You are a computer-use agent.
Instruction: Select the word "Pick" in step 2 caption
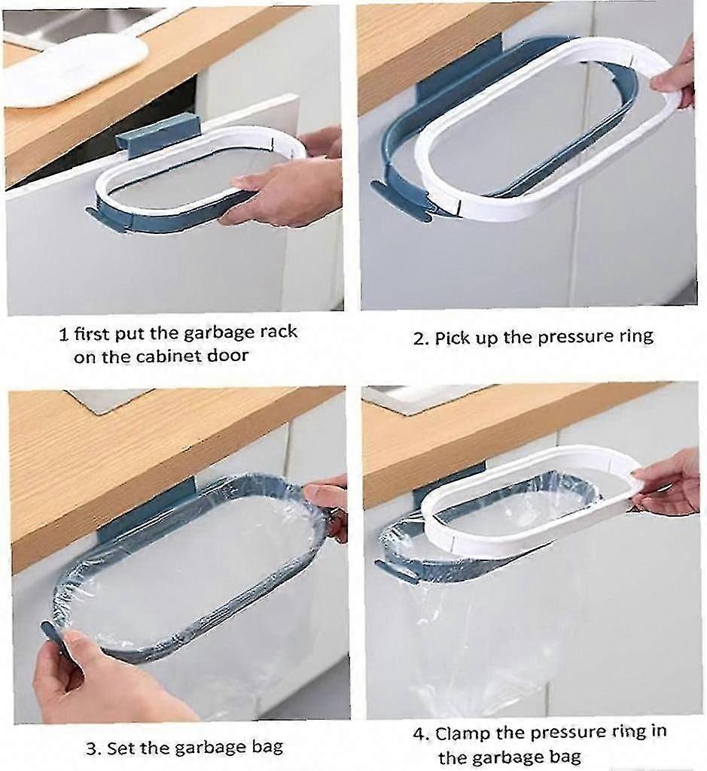point(453,338)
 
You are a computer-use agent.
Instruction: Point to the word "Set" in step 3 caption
point(120,748)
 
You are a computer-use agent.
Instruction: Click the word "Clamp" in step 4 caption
point(464,733)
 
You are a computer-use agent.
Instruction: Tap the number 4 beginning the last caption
point(419,734)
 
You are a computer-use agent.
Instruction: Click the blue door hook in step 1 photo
point(158,132)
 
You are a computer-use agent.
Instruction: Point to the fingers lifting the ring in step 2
point(674,82)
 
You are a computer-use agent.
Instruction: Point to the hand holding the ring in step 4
point(667,485)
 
